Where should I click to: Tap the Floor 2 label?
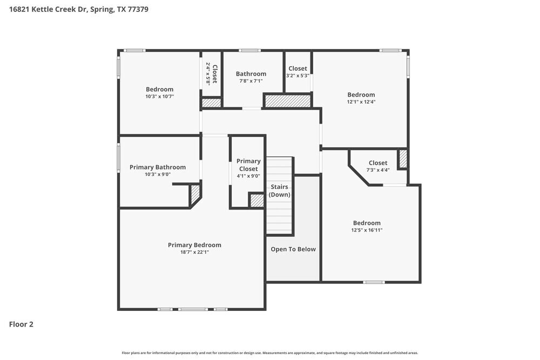click(x=21, y=324)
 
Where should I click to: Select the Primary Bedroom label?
click(x=194, y=245)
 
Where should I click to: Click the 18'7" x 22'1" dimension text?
click(x=194, y=252)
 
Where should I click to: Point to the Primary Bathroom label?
click(x=158, y=167)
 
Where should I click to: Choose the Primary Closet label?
click(x=248, y=165)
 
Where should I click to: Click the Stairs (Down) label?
click(x=280, y=191)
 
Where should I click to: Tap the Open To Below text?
click(x=293, y=249)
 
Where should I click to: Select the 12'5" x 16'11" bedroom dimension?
click(x=367, y=230)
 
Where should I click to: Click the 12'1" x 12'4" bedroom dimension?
click(x=361, y=101)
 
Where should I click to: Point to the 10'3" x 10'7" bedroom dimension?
click(x=159, y=97)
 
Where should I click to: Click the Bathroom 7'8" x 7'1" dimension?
click(x=251, y=81)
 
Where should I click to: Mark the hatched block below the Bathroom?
click(x=287, y=101)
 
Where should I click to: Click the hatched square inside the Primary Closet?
click(x=257, y=201)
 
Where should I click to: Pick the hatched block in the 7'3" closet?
click(x=402, y=159)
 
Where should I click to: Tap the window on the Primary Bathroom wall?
click(x=119, y=158)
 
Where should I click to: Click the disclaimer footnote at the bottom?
click(x=269, y=352)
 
